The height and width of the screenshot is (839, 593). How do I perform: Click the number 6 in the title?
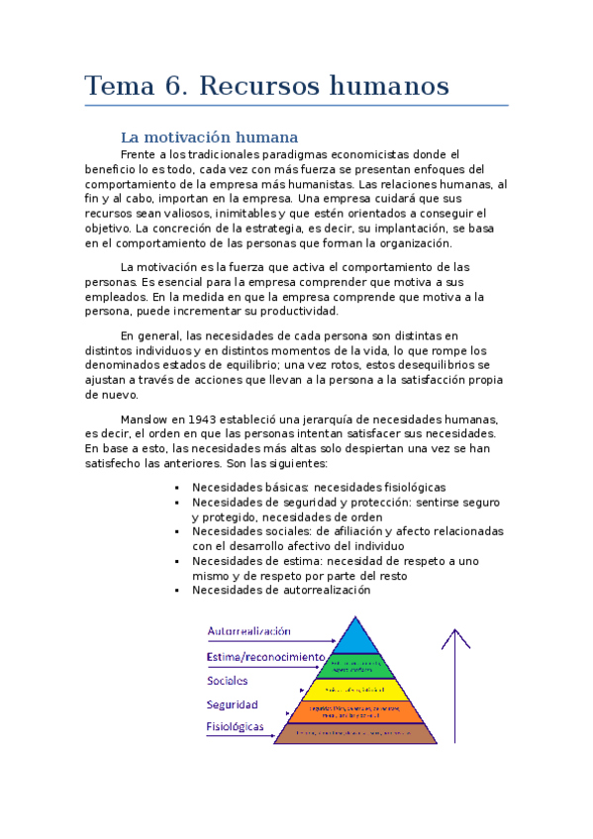(173, 86)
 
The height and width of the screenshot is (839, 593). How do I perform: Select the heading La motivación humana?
(208, 137)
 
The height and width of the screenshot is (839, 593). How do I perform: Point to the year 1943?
(203, 419)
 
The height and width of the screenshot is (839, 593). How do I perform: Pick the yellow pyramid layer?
(355, 690)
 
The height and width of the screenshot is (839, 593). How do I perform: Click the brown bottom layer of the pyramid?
(355, 733)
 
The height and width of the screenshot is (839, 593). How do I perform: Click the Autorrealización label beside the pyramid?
(248, 630)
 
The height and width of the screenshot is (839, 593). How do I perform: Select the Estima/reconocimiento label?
(265, 656)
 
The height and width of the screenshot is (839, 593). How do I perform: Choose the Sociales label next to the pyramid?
(228, 681)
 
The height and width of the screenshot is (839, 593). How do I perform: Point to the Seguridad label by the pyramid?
(233, 704)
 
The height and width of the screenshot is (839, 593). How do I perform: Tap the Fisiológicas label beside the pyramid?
(236, 726)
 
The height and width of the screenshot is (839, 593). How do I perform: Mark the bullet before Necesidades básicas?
(176, 488)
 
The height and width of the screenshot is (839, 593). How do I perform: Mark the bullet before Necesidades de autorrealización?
(176, 591)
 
